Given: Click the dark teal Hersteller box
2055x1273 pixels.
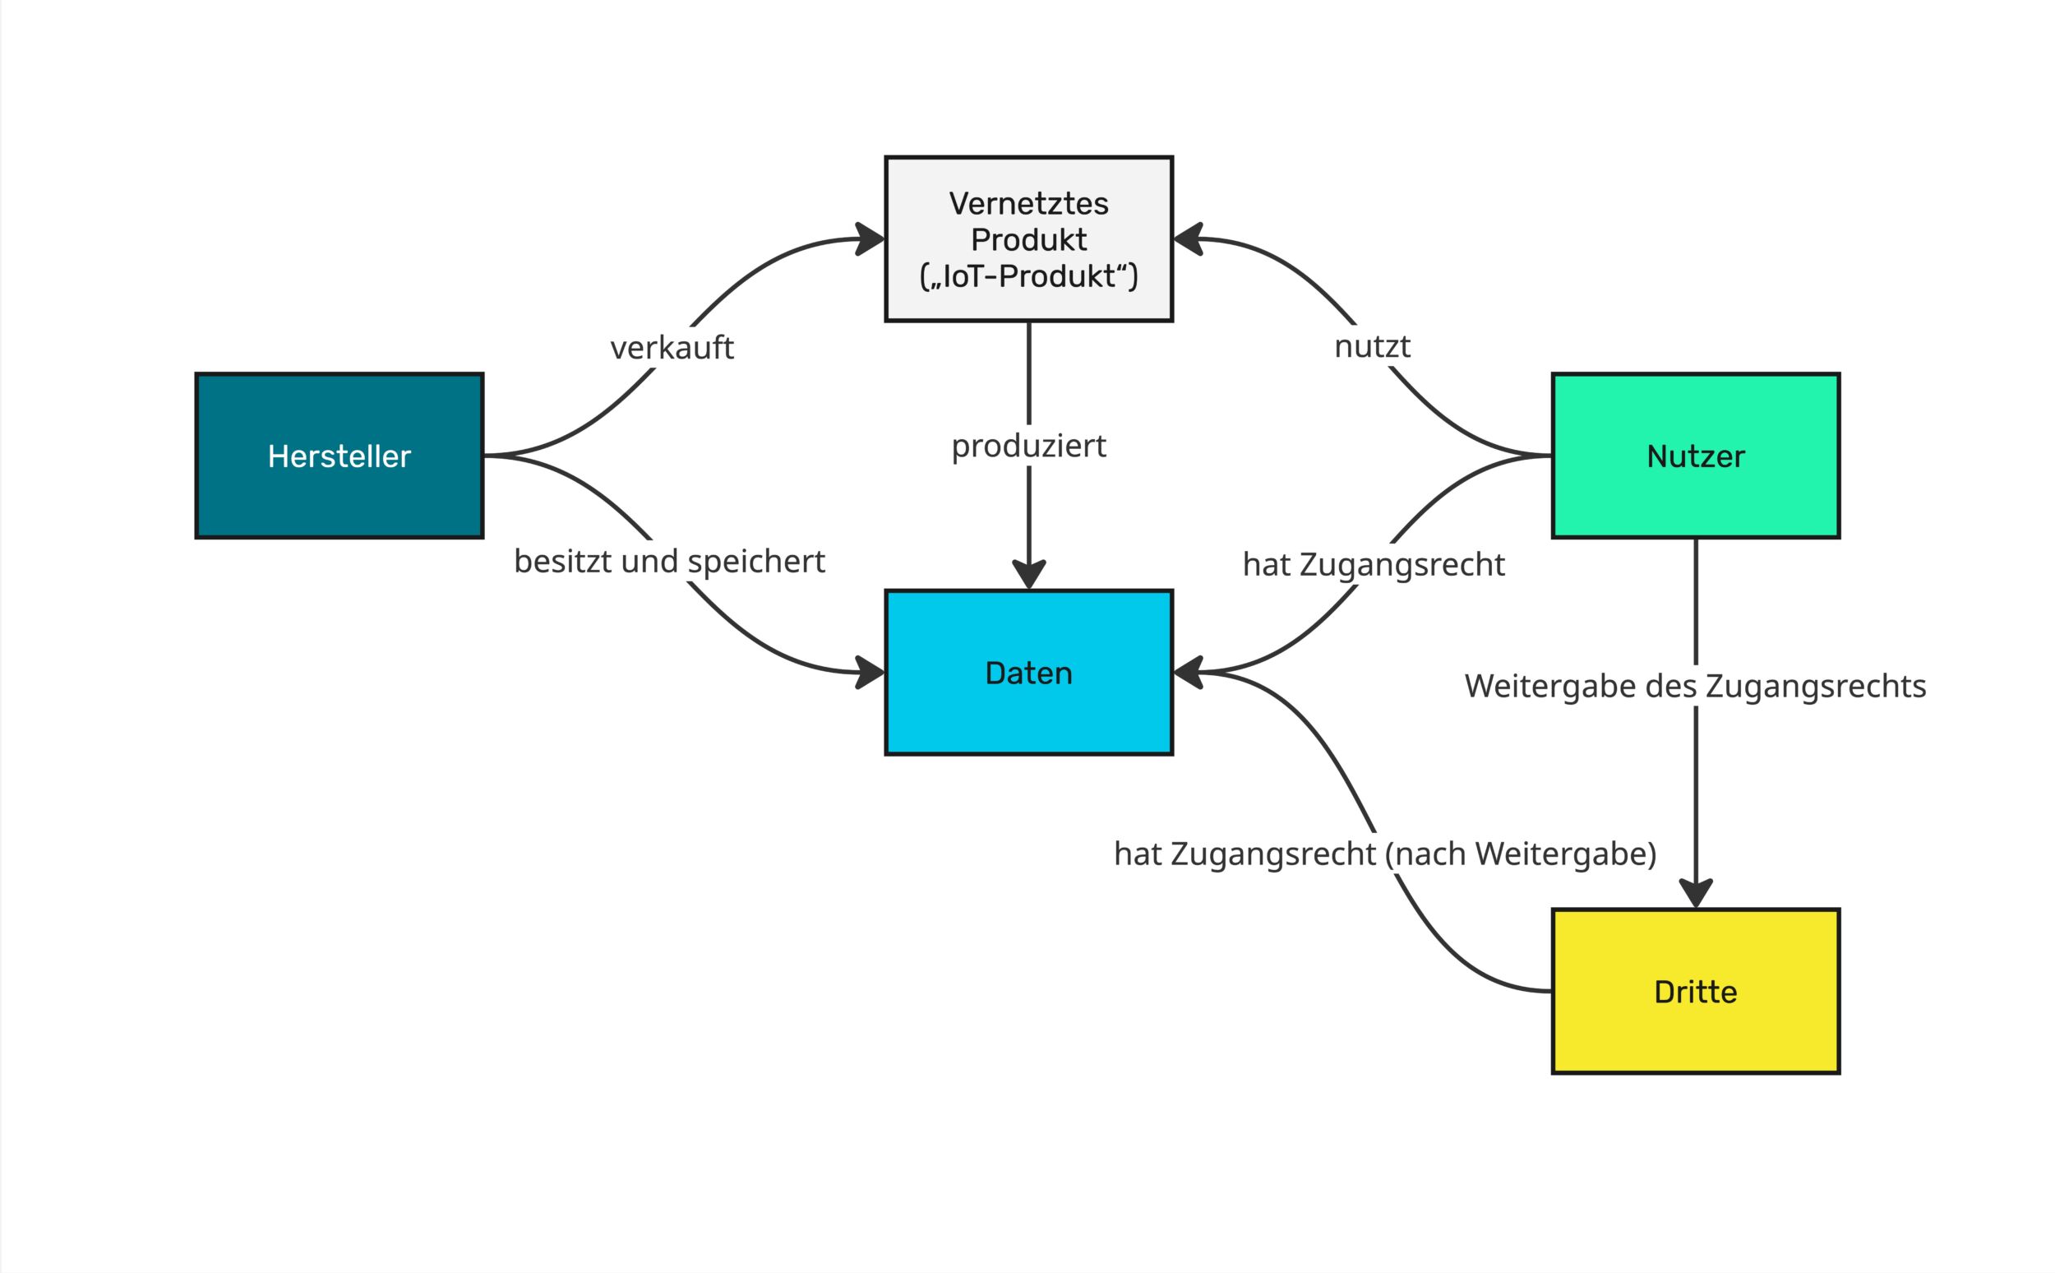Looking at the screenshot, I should pos(339,456).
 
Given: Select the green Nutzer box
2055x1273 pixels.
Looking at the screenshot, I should pos(1695,456).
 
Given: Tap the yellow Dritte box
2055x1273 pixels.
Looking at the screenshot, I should pos(1695,992).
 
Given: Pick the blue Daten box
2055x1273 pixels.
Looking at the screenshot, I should pos(1028,673).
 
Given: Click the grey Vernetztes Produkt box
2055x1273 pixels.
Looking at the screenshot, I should pos(1028,239).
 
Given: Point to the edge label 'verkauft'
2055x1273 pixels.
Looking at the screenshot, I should pos(672,348).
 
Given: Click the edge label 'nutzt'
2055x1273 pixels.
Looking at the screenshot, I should pos(1372,346).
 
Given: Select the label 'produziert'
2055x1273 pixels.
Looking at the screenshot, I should pos(1028,446).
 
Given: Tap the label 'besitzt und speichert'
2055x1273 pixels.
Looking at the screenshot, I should pos(669,562).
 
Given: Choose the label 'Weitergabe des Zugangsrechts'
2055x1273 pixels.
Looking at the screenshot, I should pos(1695,686).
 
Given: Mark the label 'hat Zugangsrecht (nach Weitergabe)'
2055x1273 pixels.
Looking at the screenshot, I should pos(1385,854).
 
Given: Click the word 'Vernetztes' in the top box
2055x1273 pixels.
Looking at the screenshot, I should pos(1028,204).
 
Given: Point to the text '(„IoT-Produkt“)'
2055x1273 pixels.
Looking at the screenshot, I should pos(1028,276).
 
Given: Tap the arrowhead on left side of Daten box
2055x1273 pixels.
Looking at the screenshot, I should pos(871,673).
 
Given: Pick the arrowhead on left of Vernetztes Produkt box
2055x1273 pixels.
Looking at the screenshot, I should pos(871,239).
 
